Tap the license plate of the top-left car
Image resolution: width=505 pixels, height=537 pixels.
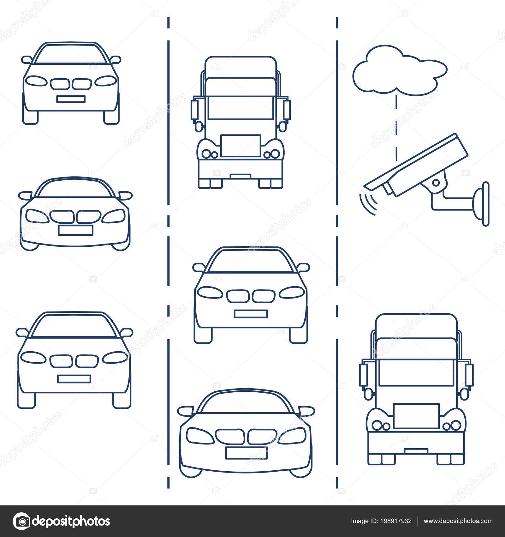click(71, 99)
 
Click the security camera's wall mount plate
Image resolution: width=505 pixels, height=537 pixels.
click(486, 204)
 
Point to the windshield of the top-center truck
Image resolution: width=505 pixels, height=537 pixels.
click(241, 107)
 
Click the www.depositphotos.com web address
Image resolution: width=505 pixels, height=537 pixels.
click(458, 521)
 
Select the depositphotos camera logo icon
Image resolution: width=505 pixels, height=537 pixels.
click(21, 521)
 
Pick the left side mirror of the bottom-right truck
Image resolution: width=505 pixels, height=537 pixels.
click(363, 374)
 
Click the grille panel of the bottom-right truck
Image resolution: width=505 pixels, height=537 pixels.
click(416, 416)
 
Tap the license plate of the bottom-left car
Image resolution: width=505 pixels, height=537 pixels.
click(74, 379)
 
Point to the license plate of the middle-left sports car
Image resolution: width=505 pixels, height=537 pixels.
click(75, 230)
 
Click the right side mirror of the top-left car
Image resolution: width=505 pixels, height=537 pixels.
click(115, 59)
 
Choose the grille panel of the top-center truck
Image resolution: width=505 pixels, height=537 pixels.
click(241, 146)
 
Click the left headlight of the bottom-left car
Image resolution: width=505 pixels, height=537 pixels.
click(32, 357)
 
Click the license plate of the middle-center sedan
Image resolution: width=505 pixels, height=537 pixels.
click(251, 314)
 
